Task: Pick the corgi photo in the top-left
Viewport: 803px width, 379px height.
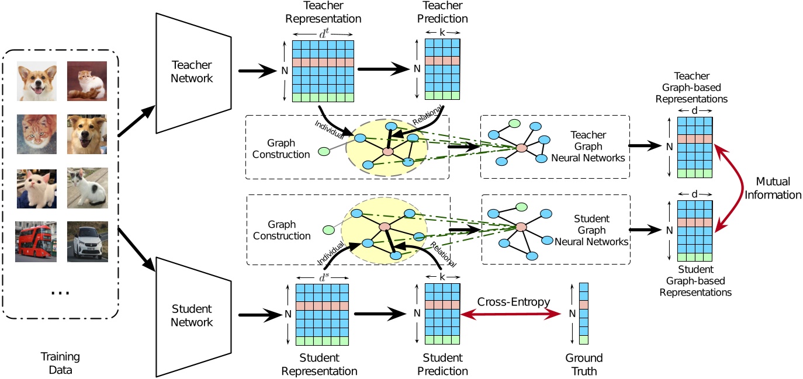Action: (x=36, y=82)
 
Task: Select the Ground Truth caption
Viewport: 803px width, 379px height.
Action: (x=584, y=364)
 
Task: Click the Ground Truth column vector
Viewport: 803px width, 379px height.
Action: (x=584, y=314)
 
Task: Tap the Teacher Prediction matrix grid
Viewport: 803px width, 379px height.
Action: (x=442, y=69)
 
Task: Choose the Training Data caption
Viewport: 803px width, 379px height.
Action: (x=60, y=362)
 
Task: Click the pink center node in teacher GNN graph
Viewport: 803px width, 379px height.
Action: (x=520, y=148)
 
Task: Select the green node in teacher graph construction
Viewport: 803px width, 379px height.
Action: (x=323, y=152)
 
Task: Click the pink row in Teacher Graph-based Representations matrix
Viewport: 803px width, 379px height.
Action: (x=695, y=139)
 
